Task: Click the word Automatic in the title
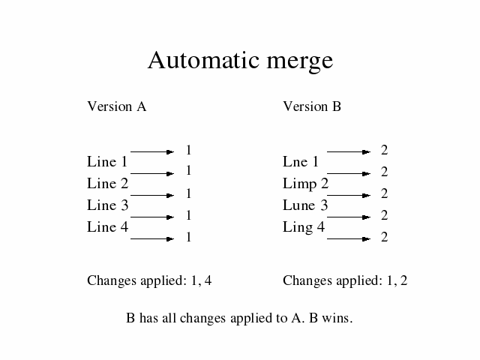click(204, 60)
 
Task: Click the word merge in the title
click(300, 62)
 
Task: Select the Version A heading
click(117, 106)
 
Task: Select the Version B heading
click(312, 106)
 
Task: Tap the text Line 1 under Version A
click(107, 161)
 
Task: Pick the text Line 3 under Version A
click(107, 205)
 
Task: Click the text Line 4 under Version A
click(107, 226)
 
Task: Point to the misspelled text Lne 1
click(301, 161)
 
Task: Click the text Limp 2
click(305, 184)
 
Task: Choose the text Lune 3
click(305, 205)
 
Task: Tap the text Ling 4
click(303, 228)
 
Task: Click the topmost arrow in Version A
click(152, 151)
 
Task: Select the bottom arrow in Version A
click(152, 238)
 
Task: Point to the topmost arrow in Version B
click(349, 151)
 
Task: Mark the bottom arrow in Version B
click(349, 238)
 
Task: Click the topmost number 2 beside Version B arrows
click(385, 150)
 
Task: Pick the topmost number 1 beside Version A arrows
click(188, 150)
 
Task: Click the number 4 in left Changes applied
click(208, 280)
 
